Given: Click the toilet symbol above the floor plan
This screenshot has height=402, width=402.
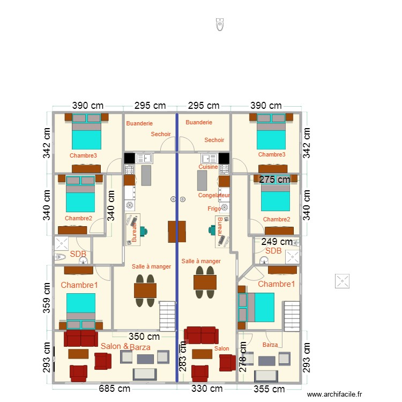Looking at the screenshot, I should click(x=219, y=24).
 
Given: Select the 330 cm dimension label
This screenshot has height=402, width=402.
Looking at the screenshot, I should click(x=207, y=389).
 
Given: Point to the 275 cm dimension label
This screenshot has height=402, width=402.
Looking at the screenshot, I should click(x=274, y=180).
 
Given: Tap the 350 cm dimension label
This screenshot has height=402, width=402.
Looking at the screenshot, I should click(x=145, y=337).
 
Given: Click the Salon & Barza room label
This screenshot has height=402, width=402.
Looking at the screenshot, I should click(x=125, y=347).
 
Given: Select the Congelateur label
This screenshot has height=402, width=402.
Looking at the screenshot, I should click(x=214, y=195).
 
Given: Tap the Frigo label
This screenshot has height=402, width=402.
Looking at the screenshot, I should click(x=214, y=208).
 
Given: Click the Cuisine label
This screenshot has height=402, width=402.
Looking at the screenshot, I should click(x=208, y=167).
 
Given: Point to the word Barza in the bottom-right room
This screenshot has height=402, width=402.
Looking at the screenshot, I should click(x=270, y=345).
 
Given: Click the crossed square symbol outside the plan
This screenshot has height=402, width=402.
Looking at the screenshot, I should click(x=341, y=280).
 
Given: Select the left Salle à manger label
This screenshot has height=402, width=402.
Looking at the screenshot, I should click(x=151, y=266).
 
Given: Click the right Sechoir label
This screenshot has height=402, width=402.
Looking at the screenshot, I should click(x=214, y=140).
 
